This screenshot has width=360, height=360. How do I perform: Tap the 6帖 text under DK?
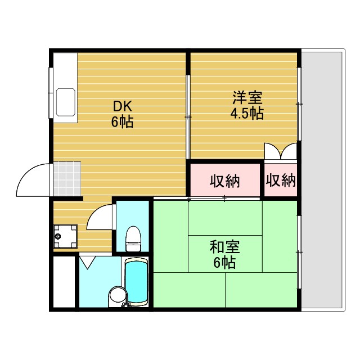click(122, 121)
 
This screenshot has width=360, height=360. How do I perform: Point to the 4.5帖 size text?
click(247, 113)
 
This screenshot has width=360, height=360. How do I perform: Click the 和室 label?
click(224, 247)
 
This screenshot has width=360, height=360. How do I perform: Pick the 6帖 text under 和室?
click(224, 262)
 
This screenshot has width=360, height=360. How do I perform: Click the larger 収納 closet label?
click(225, 181)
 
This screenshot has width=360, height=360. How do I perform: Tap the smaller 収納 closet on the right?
click(281, 181)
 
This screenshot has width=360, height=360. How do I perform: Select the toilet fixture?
click(133, 238)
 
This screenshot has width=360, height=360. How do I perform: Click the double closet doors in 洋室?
click(281, 152)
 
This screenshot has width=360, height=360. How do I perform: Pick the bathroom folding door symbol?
click(88, 262)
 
